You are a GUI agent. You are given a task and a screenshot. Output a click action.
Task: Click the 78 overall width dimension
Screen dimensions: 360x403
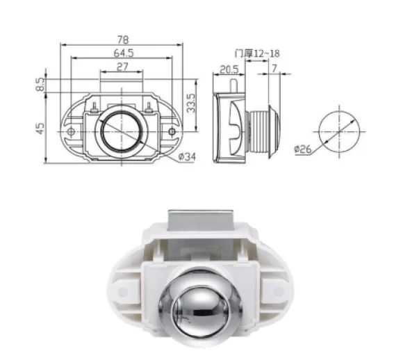click(123, 39)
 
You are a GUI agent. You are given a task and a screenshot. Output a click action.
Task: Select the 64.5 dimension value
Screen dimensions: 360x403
click(122, 53)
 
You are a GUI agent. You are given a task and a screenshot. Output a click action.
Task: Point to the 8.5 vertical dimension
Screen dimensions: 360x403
click(40, 84)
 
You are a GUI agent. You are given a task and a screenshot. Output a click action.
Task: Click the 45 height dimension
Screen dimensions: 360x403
click(40, 127)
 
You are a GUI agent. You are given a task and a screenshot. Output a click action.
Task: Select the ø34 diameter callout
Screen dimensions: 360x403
click(187, 156)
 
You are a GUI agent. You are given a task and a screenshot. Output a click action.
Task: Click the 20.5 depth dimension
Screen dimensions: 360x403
click(229, 69)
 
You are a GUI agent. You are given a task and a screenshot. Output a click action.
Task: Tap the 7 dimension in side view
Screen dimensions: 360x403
click(276, 69)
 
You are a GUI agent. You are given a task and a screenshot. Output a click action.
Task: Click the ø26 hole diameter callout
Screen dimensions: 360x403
click(303, 149)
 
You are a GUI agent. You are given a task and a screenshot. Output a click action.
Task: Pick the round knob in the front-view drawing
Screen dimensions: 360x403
click(121, 130)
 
